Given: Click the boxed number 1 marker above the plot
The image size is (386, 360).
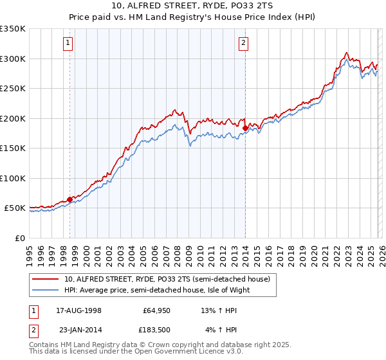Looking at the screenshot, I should click(68, 43).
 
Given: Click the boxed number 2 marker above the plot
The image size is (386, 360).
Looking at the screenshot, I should click(244, 43).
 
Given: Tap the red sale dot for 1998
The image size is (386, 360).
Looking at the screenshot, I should click(69, 199).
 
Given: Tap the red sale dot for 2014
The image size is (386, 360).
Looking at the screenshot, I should click(245, 129).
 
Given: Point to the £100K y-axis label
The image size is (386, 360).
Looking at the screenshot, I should click(13, 178).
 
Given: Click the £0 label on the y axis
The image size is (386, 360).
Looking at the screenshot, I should click(19, 238).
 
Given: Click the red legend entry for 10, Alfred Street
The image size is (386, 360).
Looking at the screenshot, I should click(170, 279).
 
